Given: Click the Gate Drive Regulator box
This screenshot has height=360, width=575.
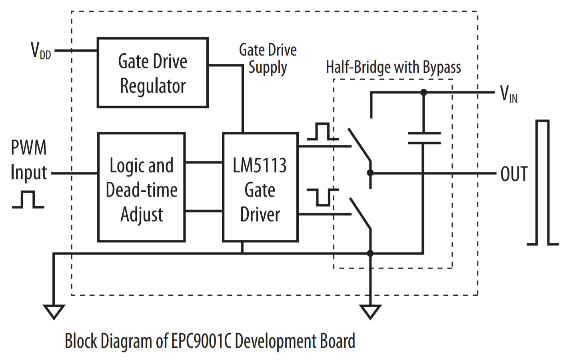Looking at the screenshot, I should pos(152,73).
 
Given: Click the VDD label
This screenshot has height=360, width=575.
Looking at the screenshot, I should pos(41,51).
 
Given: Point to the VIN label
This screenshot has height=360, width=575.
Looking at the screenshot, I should pos(508,94).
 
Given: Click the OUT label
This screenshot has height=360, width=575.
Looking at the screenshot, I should pos(514,174).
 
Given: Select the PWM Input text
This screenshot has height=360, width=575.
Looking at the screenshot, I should pos(29,160).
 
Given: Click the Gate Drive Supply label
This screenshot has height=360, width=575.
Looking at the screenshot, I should pos(268,59).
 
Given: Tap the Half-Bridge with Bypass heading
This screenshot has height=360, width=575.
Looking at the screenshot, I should pos(393,67).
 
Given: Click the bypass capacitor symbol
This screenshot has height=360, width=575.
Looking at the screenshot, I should pos(424,138).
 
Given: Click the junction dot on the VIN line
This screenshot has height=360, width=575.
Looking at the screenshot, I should pos(424,93).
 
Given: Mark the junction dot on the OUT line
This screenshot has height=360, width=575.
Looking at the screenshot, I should pos(370,173).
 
